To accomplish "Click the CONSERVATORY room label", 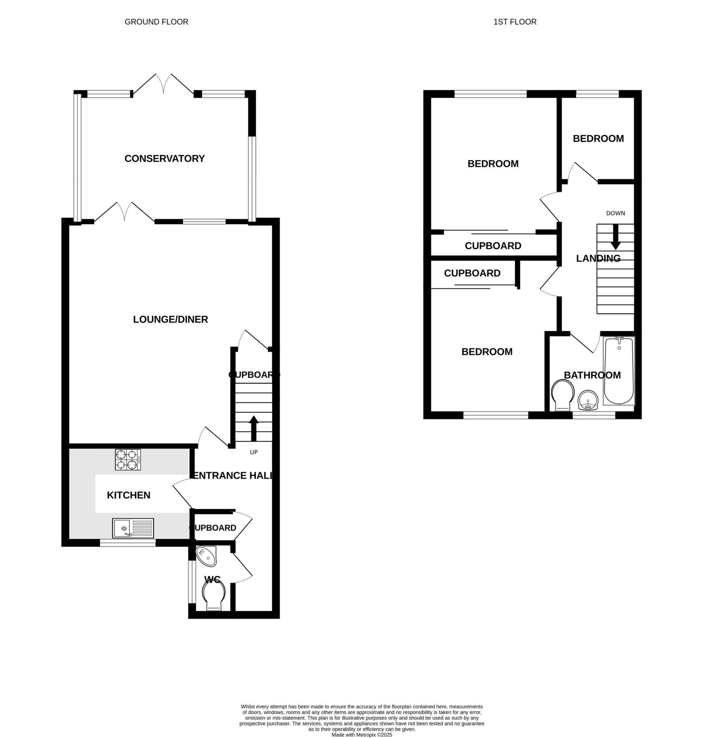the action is [164, 159].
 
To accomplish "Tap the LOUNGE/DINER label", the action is [171, 319].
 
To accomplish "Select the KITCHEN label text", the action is [129, 495].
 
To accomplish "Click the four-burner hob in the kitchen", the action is [128, 460].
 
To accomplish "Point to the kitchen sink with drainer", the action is [133, 528].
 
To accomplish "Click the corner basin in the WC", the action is [207, 556].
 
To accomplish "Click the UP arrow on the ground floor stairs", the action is [254, 428].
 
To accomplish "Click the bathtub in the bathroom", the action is [619, 371].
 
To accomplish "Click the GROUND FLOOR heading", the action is [157, 22].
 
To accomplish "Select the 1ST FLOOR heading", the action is [515, 22].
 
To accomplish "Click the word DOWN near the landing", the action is [615, 213].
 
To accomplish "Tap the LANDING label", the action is [598, 258].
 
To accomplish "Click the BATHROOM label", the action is [592, 375].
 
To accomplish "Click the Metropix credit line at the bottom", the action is [362, 735].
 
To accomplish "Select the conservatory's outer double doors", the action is [163, 84].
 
